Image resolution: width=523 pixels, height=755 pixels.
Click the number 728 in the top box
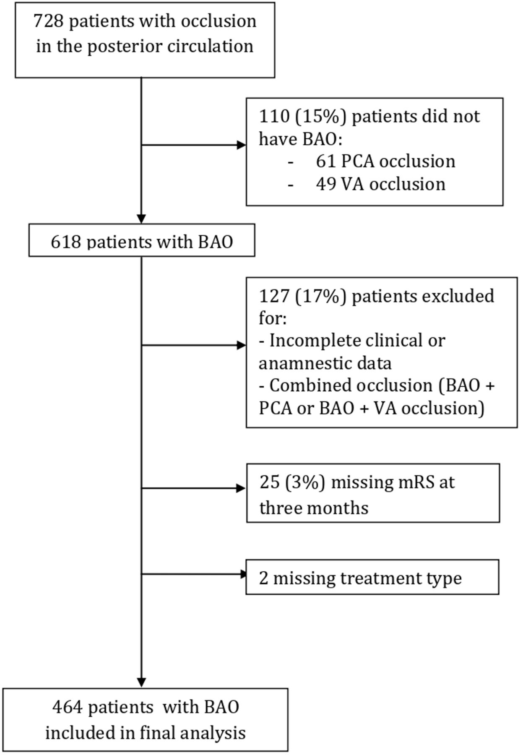(49, 21)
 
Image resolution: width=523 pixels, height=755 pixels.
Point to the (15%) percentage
(321, 117)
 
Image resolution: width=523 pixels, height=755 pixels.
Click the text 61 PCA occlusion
(385, 161)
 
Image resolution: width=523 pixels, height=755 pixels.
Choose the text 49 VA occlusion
(381, 184)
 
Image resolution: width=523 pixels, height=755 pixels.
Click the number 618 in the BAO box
(66, 242)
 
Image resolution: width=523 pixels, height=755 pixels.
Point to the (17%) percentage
(321, 297)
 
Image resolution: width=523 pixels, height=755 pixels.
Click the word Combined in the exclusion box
(309, 385)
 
